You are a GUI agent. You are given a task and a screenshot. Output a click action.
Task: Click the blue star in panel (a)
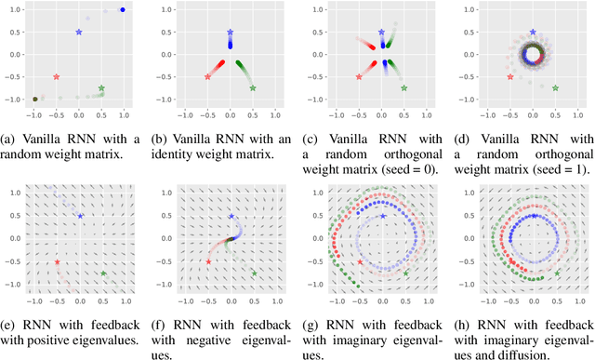(x=79, y=32)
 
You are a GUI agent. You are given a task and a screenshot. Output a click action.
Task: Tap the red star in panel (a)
(x=57, y=76)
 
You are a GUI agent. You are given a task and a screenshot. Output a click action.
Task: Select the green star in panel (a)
(x=101, y=88)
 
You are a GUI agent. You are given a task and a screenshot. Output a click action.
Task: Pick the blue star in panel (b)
(x=231, y=32)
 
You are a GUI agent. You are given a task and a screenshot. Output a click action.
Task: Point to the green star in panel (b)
(x=253, y=88)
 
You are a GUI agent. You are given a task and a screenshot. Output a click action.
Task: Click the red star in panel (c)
(x=359, y=76)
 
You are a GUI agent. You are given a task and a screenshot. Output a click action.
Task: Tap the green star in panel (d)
(x=555, y=88)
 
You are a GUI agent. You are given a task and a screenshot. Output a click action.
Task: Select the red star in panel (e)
(x=57, y=262)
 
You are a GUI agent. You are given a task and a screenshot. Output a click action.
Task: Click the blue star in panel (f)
(x=231, y=216)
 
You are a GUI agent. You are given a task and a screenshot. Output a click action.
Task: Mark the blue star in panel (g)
(x=382, y=216)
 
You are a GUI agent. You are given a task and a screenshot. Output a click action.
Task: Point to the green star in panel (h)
(x=555, y=273)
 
